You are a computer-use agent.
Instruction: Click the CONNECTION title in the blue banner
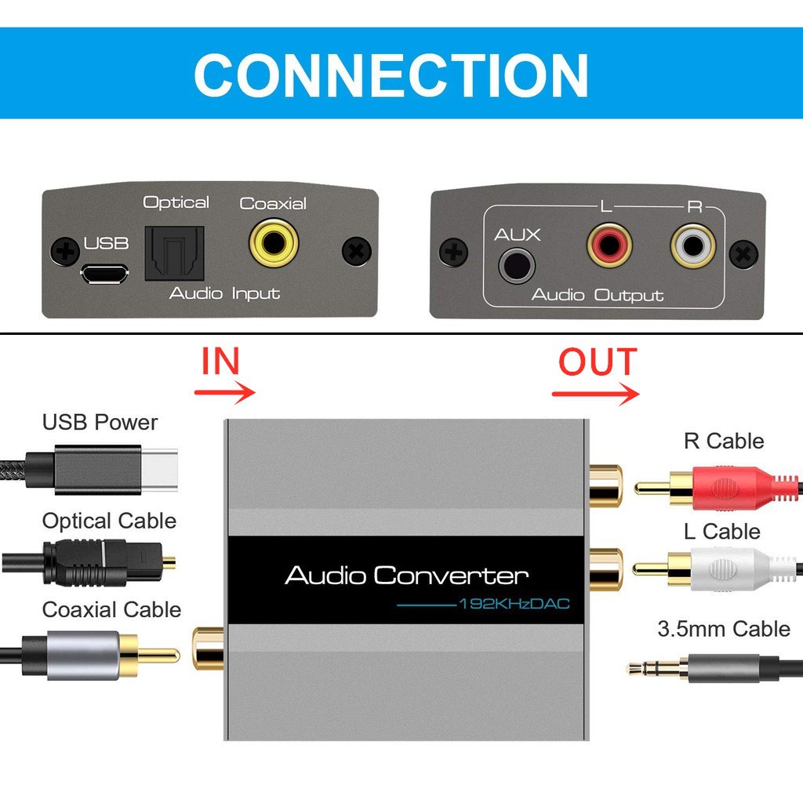click(391, 74)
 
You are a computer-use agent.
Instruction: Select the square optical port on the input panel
click(174, 253)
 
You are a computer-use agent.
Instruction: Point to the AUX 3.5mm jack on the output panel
click(518, 265)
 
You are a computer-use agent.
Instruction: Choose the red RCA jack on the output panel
click(609, 245)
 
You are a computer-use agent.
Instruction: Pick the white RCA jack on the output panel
click(693, 246)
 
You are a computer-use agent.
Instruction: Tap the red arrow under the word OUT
click(596, 393)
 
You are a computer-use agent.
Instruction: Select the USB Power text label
click(100, 423)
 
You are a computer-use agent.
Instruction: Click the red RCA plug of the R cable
click(721, 488)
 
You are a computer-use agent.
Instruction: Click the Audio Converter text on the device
click(406, 576)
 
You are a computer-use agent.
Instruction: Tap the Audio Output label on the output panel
click(597, 296)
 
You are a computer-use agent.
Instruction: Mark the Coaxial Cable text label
click(111, 610)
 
